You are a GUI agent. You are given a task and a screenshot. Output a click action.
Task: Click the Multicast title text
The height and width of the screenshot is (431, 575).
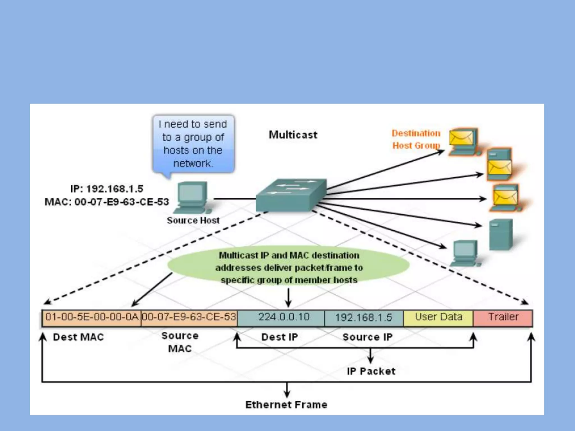[x=293, y=135]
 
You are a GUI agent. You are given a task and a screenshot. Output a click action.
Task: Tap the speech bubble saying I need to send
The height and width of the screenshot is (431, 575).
[x=193, y=144]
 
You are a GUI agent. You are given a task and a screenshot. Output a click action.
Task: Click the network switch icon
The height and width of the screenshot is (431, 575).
[x=291, y=195]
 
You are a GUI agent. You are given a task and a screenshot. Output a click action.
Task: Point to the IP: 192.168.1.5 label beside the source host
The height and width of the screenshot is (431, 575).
[x=107, y=189]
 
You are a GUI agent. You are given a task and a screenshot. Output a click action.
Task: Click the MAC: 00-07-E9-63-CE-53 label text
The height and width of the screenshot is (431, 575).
[x=107, y=202]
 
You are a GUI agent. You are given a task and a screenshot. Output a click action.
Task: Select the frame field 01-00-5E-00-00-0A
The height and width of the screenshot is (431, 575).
[x=92, y=317]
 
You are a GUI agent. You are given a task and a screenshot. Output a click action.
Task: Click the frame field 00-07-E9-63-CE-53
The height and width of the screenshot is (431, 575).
[x=189, y=317]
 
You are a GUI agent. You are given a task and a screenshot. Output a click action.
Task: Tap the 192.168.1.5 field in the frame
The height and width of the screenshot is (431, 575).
[x=364, y=318]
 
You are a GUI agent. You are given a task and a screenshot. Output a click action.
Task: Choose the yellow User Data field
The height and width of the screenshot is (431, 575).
[x=438, y=317]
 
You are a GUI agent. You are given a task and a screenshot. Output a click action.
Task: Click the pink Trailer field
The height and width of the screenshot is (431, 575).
[x=503, y=317]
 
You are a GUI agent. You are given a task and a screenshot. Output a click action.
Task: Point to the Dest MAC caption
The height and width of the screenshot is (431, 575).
[x=78, y=337]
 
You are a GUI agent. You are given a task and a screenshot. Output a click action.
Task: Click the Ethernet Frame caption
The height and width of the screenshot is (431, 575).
[x=286, y=405]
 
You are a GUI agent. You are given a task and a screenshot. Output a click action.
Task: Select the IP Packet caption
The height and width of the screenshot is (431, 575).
[x=371, y=371]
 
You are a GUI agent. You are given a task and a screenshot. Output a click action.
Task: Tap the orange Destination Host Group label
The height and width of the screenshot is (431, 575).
[x=416, y=139]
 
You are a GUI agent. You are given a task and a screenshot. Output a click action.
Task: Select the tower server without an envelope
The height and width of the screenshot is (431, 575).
[x=501, y=234]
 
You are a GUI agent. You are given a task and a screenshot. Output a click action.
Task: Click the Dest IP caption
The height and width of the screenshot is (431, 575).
[x=279, y=337]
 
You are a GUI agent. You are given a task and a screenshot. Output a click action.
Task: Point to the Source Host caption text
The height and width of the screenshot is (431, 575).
[x=193, y=221]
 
